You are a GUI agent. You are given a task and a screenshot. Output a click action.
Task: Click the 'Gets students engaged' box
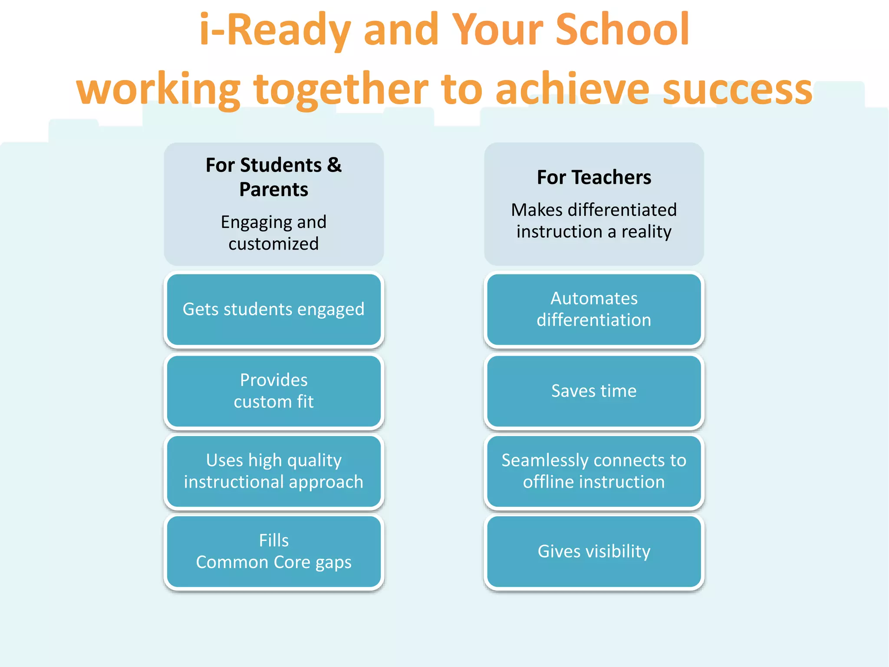coord(273,310)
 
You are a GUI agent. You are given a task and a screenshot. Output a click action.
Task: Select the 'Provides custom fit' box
coord(273,391)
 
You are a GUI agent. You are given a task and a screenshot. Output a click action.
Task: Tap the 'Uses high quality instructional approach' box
coord(273,471)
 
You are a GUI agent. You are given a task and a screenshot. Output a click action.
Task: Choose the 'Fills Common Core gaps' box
coord(273,551)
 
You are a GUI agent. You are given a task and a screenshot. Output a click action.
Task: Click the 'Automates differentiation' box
coord(594,310)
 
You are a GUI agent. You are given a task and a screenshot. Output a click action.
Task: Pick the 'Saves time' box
coord(594,391)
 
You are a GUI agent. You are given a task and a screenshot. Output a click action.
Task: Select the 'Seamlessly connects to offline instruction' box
coord(594,471)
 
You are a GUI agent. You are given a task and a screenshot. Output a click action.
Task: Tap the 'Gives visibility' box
coord(594,551)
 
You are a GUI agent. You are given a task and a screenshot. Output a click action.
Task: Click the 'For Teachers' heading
coord(594,177)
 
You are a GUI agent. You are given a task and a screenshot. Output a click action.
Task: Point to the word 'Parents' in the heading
coord(273,190)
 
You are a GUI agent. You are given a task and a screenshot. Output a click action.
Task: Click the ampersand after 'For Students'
coord(334,165)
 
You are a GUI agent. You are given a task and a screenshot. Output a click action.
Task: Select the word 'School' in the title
coord(622,30)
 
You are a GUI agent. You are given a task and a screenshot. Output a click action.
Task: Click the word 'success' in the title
coord(738,89)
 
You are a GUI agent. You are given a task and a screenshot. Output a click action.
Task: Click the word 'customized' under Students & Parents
coord(273,244)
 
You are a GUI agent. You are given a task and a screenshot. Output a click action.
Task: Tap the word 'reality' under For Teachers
coord(646,232)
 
